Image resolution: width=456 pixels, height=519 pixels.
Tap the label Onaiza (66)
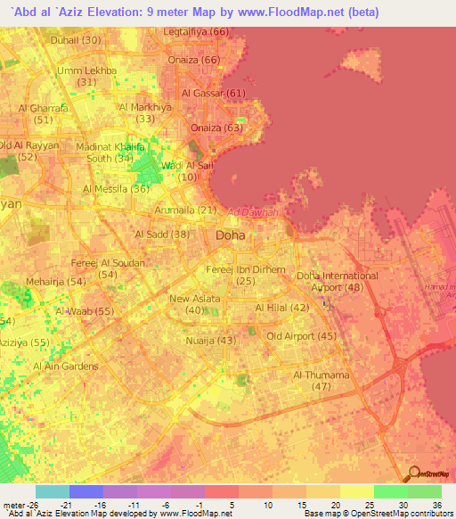(197, 60)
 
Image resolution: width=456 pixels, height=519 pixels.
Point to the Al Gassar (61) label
(213, 93)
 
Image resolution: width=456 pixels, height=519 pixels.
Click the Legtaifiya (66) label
(197, 32)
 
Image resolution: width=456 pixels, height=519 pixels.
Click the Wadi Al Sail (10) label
(187, 171)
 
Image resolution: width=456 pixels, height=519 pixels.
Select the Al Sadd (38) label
(162, 234)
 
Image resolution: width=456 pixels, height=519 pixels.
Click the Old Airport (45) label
(301, 336)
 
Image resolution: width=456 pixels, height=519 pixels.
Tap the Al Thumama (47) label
(322, 381)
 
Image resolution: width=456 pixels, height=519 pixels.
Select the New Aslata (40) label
(195, 305)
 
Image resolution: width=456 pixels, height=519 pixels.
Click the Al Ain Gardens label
(66, 367)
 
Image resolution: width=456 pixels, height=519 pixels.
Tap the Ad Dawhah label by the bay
(252, 212)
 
